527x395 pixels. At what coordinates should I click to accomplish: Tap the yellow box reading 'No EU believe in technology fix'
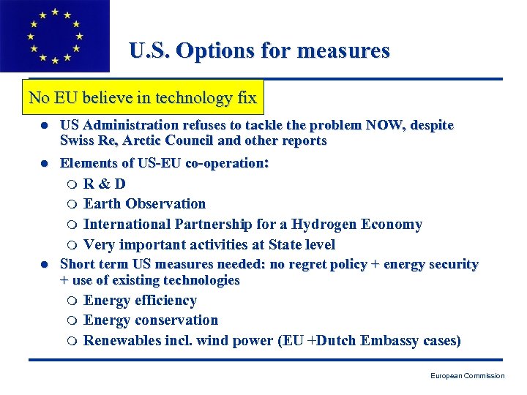(x=143, y=97)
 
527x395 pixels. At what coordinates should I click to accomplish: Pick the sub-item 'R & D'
(x=104, y=184)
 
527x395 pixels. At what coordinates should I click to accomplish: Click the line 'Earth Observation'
(x=144, y=203)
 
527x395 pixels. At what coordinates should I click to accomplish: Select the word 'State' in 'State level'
(x=280, y=244)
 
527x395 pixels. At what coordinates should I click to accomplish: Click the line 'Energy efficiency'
(x=140, y=300)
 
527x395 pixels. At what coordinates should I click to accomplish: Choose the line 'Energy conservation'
(x=150, y=320)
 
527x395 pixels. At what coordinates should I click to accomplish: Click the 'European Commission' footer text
(x=467, y=376)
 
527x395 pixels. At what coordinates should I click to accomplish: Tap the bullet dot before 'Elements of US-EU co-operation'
(x=44, y=164)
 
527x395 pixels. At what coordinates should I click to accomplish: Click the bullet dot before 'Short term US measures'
(x=44, y=264)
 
